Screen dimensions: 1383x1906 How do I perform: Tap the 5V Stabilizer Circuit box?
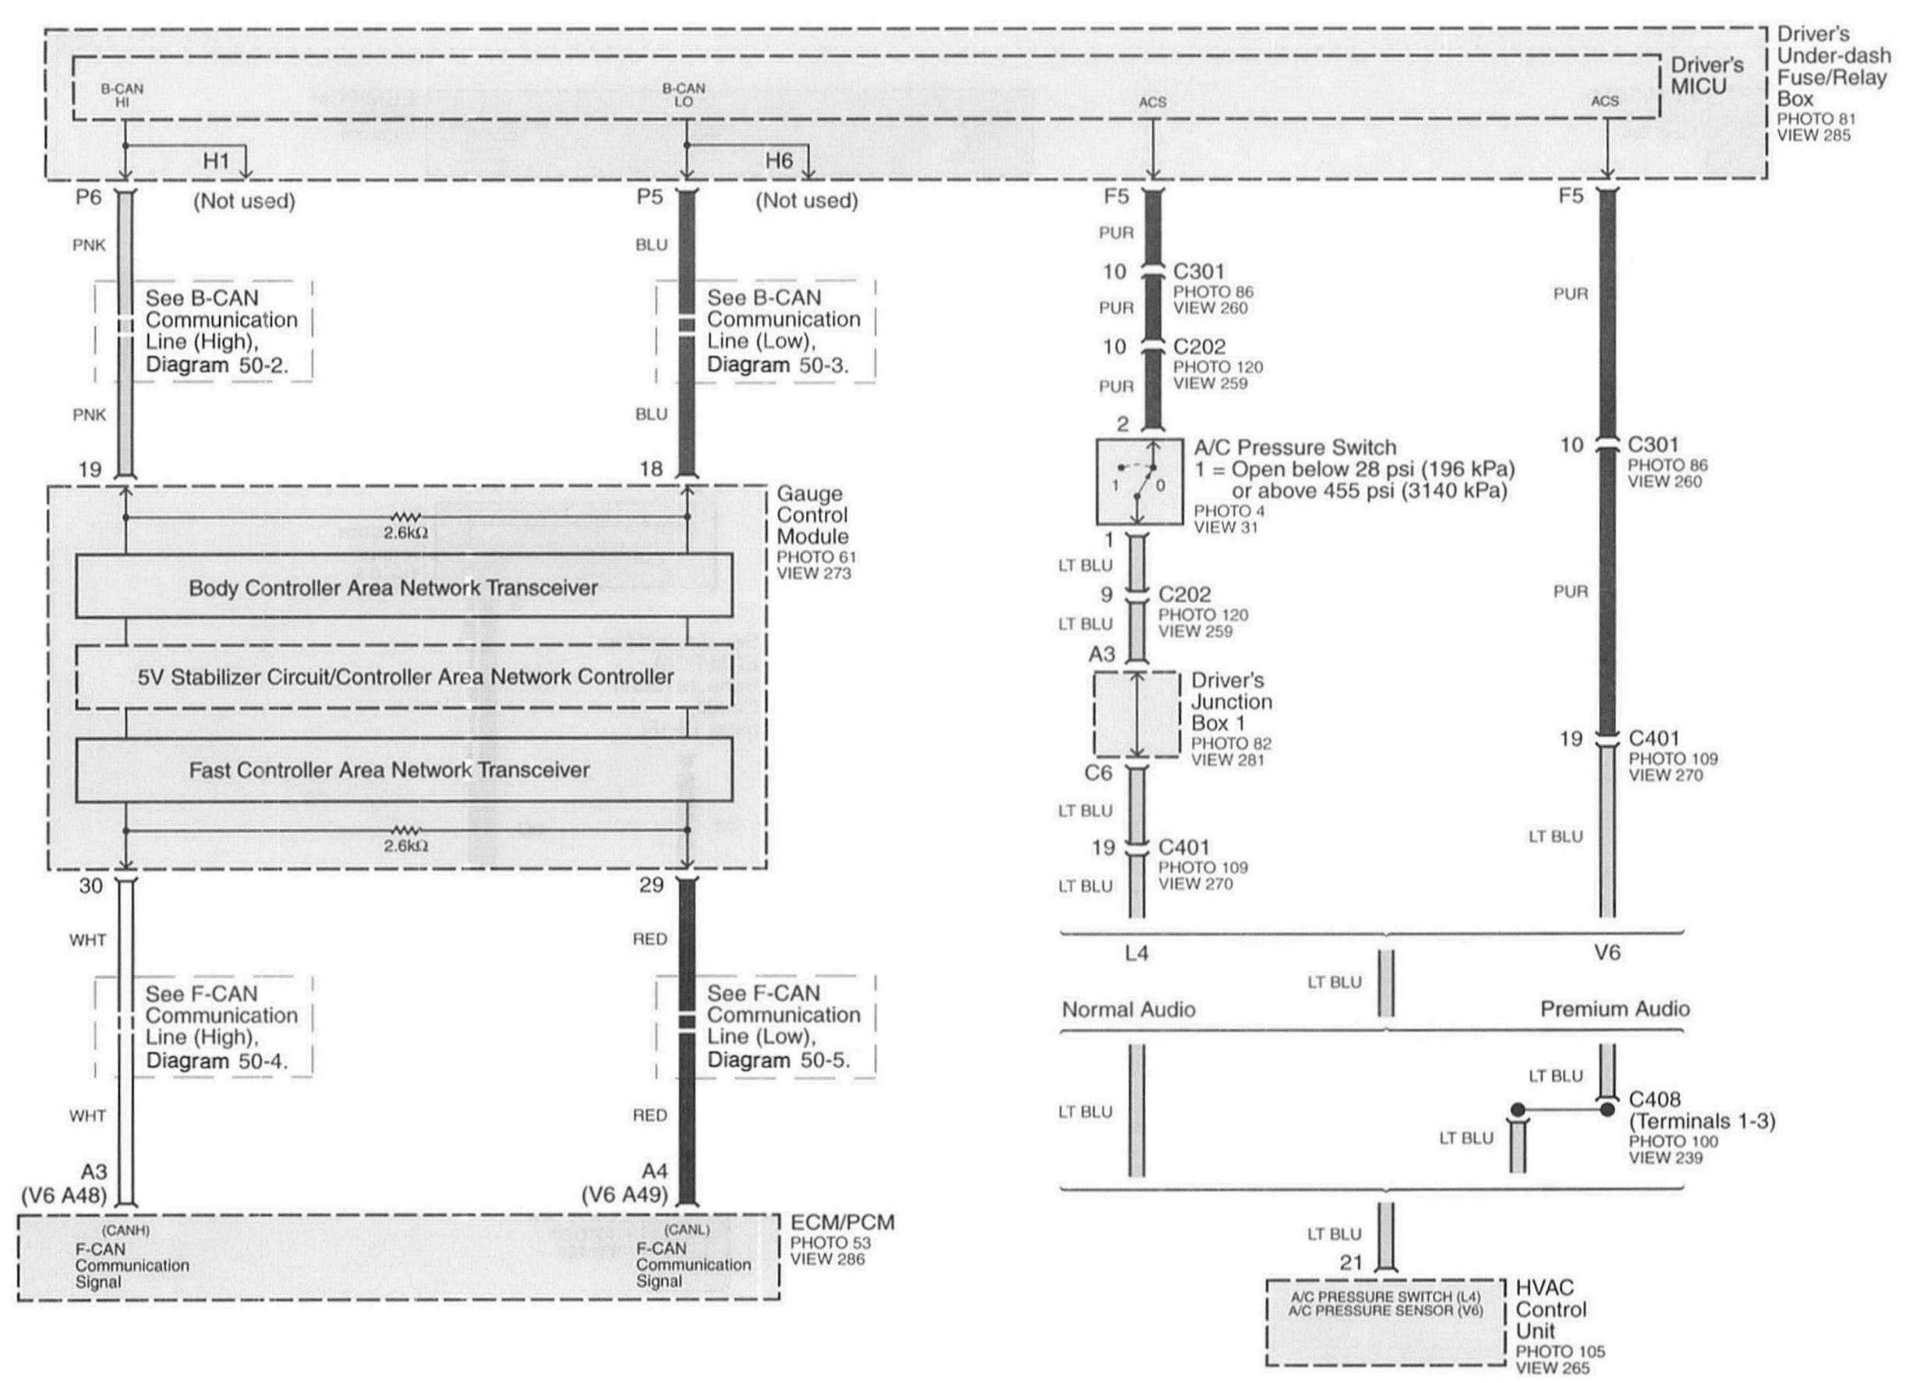(405, 677)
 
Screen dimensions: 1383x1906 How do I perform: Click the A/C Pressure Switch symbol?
(1139, 482)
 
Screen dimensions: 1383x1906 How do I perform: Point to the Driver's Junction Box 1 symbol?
(1137, 715)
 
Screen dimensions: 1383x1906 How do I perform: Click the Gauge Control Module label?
(812, 515)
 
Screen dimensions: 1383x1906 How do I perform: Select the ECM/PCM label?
(842, 1222)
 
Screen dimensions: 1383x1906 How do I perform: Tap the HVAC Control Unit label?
(1551, 1309)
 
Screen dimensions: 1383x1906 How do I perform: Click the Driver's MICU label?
(1706, 76)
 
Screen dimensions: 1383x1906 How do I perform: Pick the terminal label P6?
(88, 197)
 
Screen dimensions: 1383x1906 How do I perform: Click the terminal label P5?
(649, 197)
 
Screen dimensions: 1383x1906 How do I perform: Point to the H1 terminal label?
(216, 161)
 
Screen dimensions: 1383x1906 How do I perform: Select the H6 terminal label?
(778, 161)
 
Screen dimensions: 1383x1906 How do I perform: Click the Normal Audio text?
(1128, 1009)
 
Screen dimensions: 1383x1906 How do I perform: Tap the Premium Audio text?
(1614, 1009)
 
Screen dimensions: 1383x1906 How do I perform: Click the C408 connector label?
(1654, 1100)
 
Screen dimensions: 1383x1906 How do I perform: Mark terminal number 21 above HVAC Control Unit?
(1350, 1263)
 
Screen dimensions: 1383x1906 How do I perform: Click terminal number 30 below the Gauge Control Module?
(90, 885)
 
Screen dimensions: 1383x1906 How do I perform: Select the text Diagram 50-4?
(217, 1061)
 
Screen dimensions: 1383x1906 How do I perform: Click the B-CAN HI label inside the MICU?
(122, 95)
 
